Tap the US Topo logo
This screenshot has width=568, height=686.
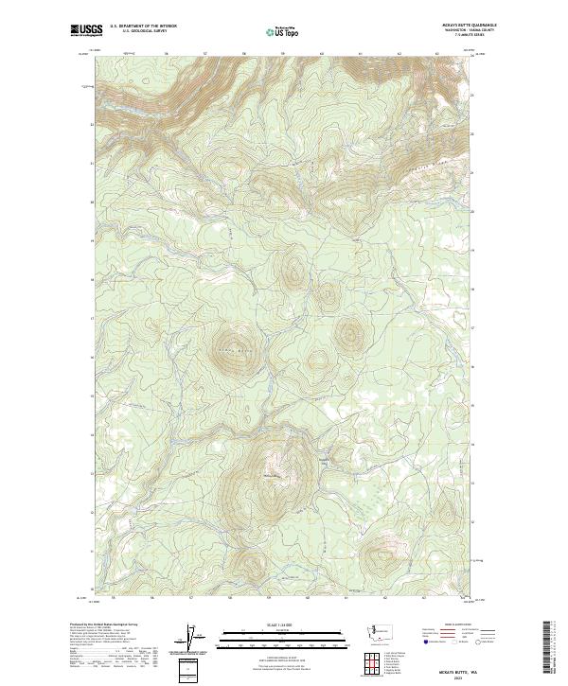tap(285, 29)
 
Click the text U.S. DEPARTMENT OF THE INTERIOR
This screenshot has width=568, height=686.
tap(143, 26)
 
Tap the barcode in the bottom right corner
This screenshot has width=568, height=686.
tap(547, 648)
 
